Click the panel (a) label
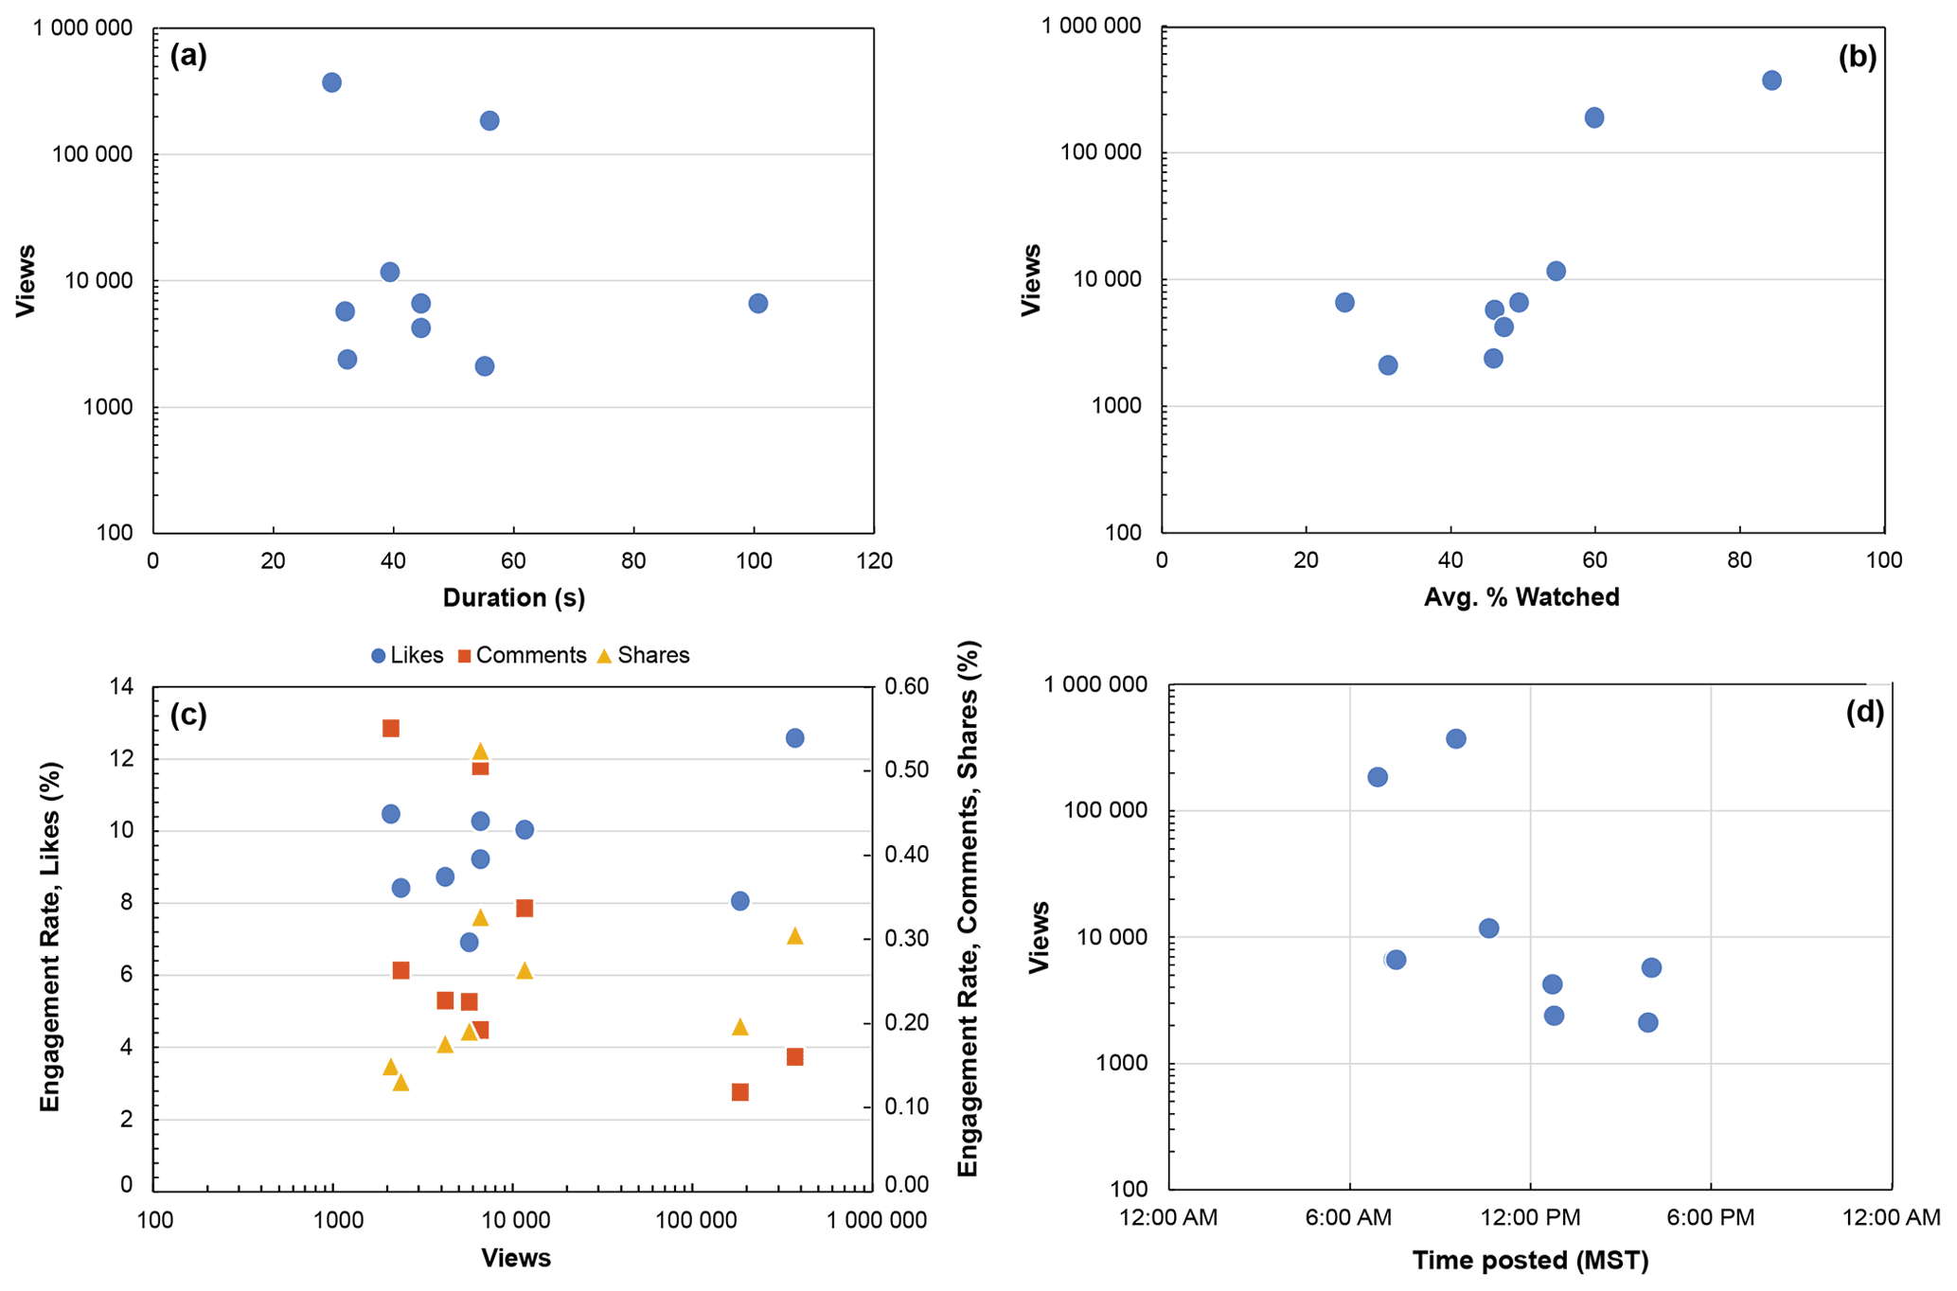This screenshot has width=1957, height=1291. [x=187, y=56]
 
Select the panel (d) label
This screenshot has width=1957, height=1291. [x=1864, y=712]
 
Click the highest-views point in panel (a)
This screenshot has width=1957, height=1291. [x=331, y=82]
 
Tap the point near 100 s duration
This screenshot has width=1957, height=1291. [x=757, y=303]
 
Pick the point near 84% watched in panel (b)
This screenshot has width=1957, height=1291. [x=1771, y=80]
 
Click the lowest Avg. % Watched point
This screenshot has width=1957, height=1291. [x=1344, y=303]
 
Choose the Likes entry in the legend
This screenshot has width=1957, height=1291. [x=407, y=655]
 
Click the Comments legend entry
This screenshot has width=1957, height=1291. [x=522, y=655]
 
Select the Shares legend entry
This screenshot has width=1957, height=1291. [x=643, y=655]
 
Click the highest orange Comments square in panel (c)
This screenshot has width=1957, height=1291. [x=390, y=728]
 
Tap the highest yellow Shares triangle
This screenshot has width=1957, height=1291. [x=480, y=752]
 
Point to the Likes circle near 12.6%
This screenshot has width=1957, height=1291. [x=794, y=737]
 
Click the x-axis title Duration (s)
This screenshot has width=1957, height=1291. [x=513, y=598]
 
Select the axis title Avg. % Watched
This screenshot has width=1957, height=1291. [x=1521, y=597]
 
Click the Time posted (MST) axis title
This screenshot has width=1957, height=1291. [x=1530, y=1261]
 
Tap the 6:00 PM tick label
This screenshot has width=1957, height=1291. [x=1710, y=1217]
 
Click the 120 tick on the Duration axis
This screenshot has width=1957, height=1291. [x=873, y=561]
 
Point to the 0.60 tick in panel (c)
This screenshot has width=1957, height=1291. [x=907, y=686]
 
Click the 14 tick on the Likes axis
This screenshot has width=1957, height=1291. [x=122, y=686]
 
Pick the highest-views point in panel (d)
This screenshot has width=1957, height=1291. [x=1456, y=738]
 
